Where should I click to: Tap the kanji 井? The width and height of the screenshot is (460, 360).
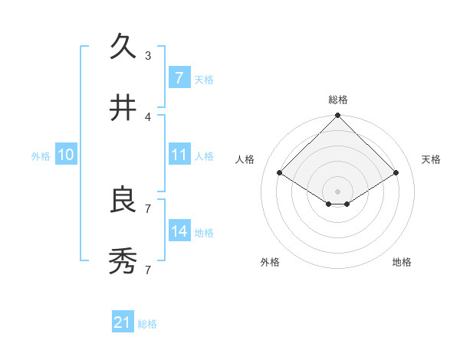point(123,108)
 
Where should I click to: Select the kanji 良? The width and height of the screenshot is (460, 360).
point(123,200)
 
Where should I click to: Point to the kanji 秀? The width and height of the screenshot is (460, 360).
point(123,261)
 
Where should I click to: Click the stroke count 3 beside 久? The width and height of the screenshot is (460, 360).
point(148,55)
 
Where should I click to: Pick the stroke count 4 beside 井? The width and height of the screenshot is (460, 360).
point(148,116)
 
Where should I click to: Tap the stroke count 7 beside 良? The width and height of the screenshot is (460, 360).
point(148,208)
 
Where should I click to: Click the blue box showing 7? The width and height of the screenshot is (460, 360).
point(179,77)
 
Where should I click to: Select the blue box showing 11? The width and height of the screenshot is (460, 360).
point(179,154)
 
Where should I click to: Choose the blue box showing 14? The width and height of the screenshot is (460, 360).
point(179,231)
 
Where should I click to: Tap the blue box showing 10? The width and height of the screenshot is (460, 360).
point(66,154)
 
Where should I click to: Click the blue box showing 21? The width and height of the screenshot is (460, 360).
point(122,322)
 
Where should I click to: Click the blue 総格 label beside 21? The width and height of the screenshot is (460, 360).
point(147,324)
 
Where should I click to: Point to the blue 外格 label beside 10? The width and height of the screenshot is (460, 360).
point(41,155)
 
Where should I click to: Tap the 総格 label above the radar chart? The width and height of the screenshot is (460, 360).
point(338,100)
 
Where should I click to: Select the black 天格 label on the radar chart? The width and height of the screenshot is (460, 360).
point(431,159)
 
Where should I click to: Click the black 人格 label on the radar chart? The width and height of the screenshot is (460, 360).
point(245,159)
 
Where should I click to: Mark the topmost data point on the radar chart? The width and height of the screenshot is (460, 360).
point(338,116)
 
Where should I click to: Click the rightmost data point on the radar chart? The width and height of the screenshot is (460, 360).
point(396,173)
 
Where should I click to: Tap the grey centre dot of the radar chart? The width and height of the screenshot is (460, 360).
point(338,191)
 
